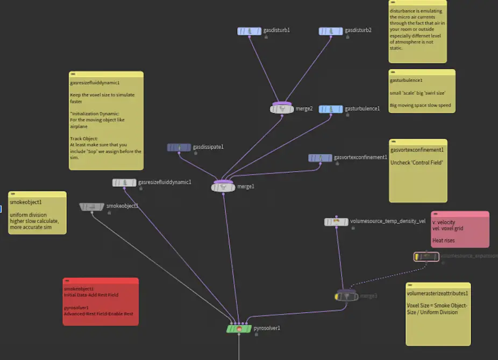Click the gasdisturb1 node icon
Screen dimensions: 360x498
click(249, 31)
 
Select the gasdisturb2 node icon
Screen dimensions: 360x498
click(331, 31)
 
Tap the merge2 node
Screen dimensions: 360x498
click(282, 109)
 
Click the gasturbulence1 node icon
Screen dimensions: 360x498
click(331, 109)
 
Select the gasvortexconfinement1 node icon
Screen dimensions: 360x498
click(320, 158)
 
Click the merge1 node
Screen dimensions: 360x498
click(223, 187)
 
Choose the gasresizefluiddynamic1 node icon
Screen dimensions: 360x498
click(124, 182)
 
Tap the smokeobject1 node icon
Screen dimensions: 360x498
click(91, 207)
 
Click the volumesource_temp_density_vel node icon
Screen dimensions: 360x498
click(336, 221)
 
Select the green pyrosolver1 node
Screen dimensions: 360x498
click(239, 328)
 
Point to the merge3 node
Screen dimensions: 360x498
click(346, 296)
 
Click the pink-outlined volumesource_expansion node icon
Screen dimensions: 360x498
click(426, 257)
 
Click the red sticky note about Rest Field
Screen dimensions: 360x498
click(101, 301)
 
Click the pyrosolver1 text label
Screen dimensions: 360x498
click(267, 328)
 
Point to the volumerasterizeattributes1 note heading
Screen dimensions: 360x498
click(437, 293)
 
